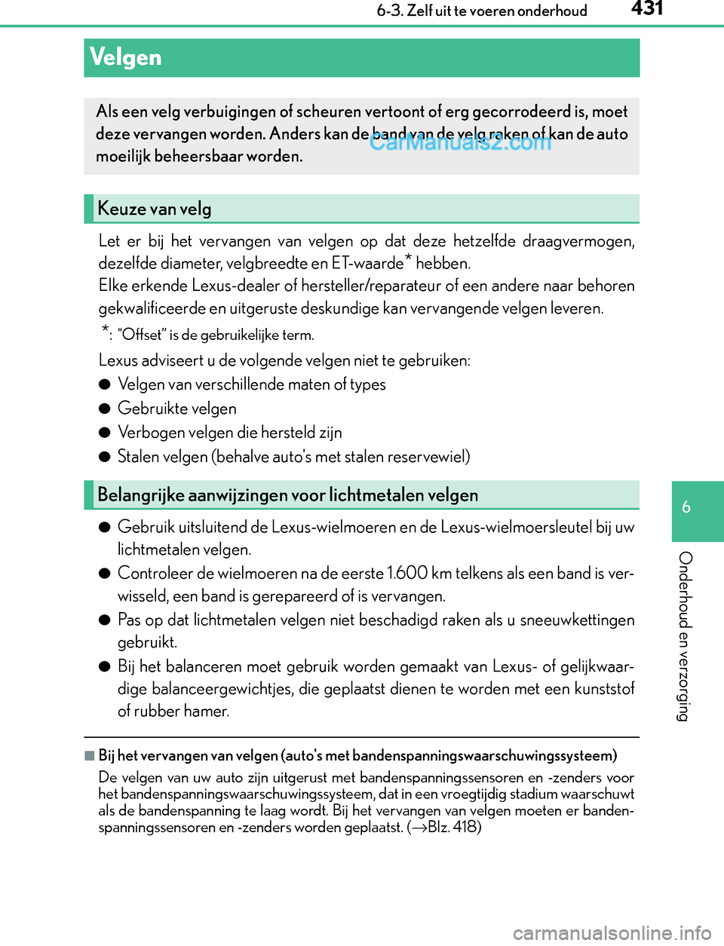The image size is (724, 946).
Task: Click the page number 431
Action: [x=647, y=9]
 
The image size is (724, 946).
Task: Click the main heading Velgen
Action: [x=125, y=57]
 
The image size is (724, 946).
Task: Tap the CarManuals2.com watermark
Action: [x=461, y=141]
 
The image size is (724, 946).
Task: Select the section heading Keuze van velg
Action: [x=155, y=209]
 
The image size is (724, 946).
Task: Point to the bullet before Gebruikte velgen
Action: [x=105, y=409]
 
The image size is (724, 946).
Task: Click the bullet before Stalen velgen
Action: [x=105, y=457]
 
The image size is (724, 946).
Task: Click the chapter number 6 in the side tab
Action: [x=686, y=507]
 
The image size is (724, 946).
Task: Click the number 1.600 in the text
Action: [x=407, y=574]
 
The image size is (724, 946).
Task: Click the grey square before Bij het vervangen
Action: [x=90, y=755]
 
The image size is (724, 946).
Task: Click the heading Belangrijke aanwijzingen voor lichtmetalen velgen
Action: [x=287, y=495]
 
